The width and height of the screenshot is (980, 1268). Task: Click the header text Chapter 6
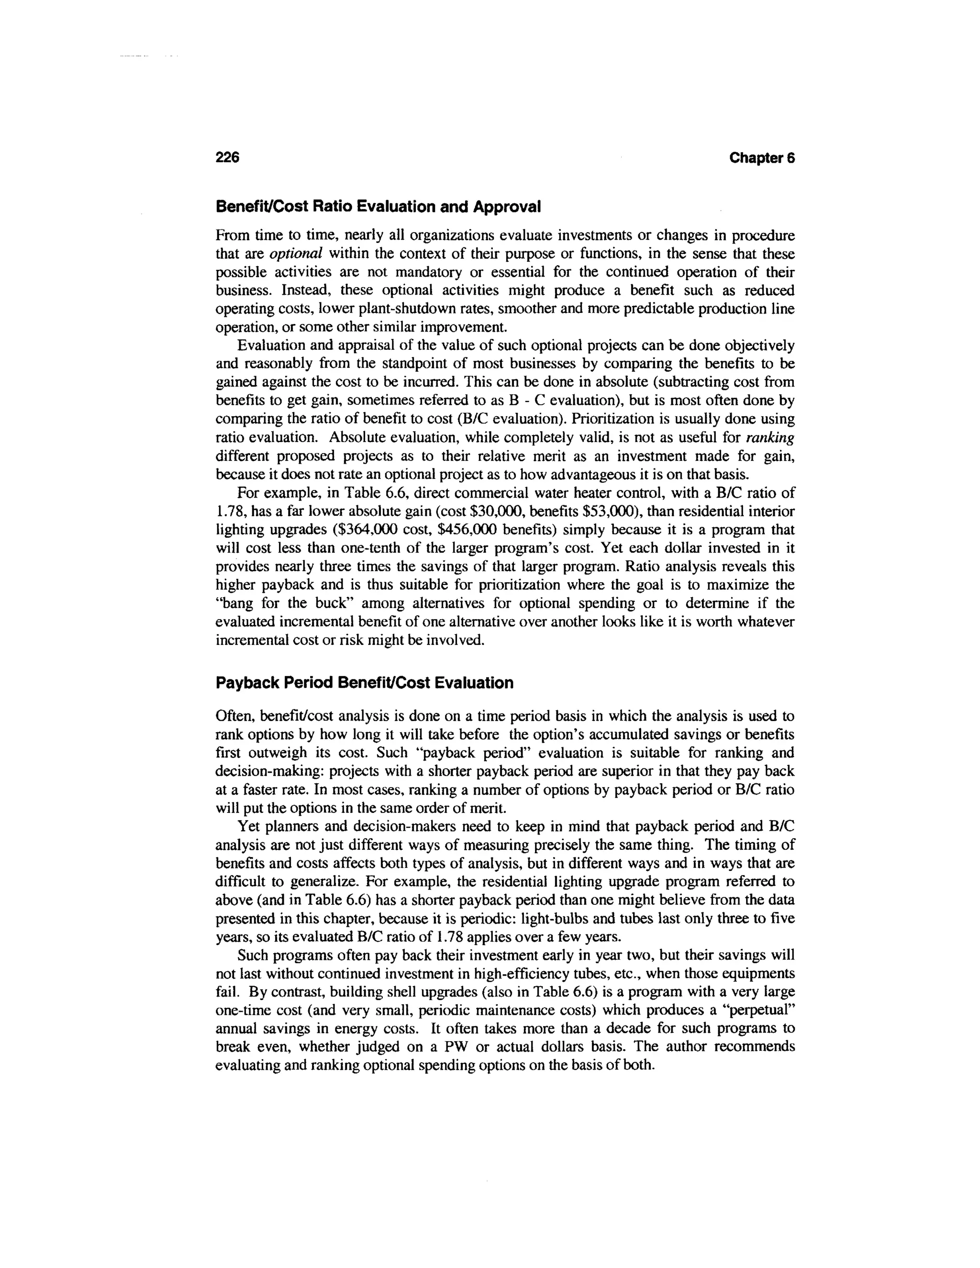click(762, 157)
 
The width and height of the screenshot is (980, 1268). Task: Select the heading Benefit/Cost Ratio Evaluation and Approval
click(378, 207)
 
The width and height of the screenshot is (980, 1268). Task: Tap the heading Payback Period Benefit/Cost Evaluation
click(364, 683)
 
